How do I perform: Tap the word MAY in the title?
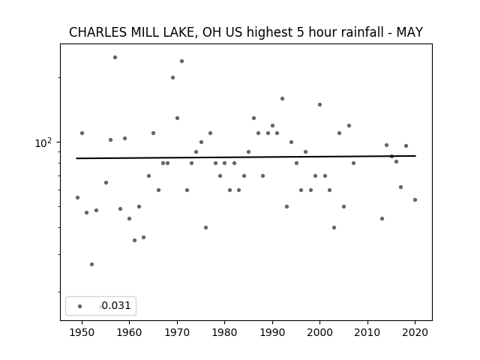(x=409, y=32)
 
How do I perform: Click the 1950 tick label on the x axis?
(x=82, y=332)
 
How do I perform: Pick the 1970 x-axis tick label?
(x=177, y=332)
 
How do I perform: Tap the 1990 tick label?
(x=272, y=332)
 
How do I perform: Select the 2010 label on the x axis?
(x=367, y=332)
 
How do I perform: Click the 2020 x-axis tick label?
(x=415, y=332)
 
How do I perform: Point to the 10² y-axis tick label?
(x=43, y=143)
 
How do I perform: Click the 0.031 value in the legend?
(x=116, y=305)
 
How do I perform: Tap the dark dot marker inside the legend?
(x=80, y=307)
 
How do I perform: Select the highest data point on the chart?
(x=115, y=57)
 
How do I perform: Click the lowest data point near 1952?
(x=91, y=264)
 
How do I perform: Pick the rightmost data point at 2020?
(x=415, y=200)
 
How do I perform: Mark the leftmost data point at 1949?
(x=77, y=198)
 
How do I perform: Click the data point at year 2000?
(x=320, y=105)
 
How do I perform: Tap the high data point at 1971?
(x=181, y=61)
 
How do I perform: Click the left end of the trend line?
(x=76, y=158)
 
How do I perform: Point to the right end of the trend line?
(x=415, y=156)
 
